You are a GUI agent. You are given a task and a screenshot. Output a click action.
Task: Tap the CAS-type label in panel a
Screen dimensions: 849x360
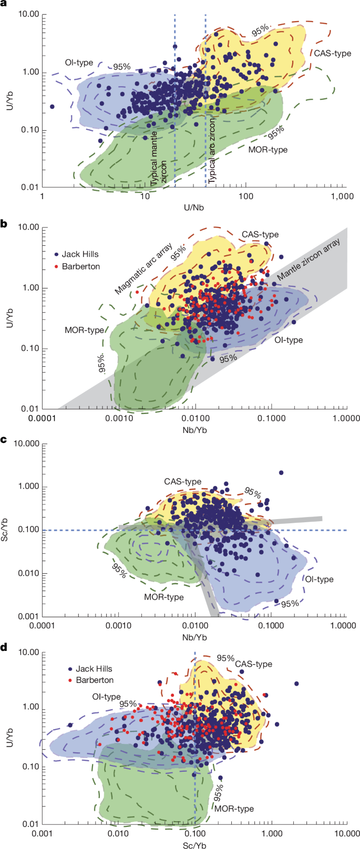tap(332, 54)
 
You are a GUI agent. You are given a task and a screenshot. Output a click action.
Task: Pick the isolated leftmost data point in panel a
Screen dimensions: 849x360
tap(52, 107)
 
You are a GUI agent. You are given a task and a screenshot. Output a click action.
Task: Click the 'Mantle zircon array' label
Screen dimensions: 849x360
tap(309, 259)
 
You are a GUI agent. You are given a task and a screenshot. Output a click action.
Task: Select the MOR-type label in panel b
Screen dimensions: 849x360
tap(84, 330)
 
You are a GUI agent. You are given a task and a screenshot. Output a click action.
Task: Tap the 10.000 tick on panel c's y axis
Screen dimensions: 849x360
tap(26, 444)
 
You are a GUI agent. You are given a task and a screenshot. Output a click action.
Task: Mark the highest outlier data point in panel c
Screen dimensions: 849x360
tap(281, 473)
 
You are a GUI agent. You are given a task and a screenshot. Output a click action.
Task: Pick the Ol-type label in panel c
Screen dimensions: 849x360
tap(318, 579)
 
